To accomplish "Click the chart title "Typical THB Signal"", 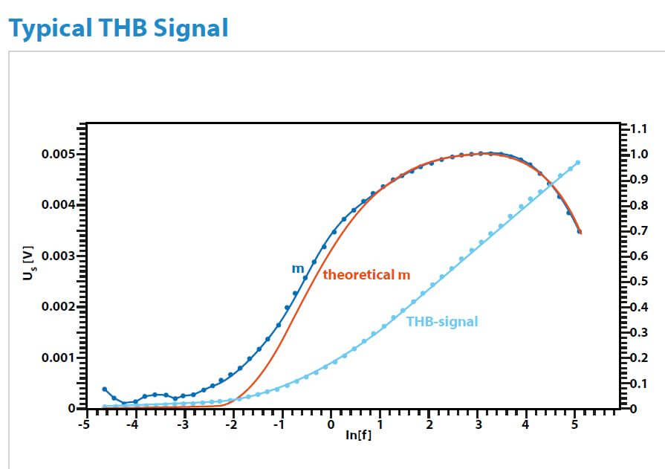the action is click(118, 29).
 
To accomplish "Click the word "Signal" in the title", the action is click(191, 29).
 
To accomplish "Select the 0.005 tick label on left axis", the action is click(59, 154).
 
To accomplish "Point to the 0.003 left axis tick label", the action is click(59, 256).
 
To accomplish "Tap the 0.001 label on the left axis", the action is click(59, 358).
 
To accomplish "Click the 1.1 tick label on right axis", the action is click(639, 129).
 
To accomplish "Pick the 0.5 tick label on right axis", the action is click(639, 282).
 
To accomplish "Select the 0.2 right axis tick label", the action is click(639, 358).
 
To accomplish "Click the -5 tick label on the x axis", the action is click(84, 424).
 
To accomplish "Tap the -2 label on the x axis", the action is click(231, 424).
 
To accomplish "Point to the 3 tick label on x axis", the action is click(479, 424).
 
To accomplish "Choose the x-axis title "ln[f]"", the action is click(358, 435).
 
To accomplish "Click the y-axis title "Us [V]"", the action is click(28, 262).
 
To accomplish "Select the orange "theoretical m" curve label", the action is click(366, 275).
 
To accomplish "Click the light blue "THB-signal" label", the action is click(442, 322).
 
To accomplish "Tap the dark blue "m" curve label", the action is click(298, 268).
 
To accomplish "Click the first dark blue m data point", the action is click(105, 389).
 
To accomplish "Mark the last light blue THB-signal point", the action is click(577, 163).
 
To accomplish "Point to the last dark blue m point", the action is click(580, 232).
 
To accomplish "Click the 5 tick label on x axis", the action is click(574, 424).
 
